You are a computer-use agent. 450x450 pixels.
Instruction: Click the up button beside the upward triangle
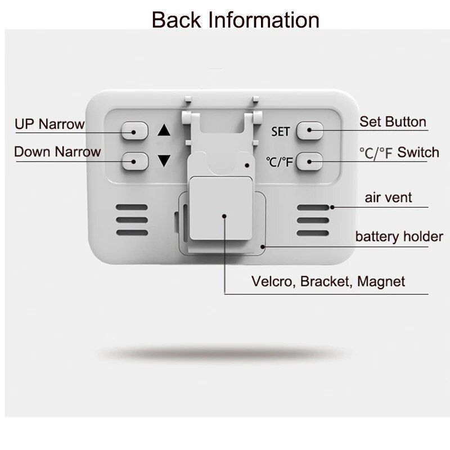tap(134, 131)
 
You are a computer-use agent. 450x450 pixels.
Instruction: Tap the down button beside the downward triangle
tap(135, 161)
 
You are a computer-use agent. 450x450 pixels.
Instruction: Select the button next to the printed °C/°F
tap(309, 161)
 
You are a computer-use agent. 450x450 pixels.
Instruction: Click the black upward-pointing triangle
tap(164, 130)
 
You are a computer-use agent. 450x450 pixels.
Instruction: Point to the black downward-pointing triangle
tap(164, 161)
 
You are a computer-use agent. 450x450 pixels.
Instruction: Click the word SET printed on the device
tap(280, 132)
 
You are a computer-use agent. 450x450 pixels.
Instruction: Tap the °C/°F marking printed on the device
tap(279, 162)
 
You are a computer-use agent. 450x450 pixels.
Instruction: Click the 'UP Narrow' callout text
tap(49, 124)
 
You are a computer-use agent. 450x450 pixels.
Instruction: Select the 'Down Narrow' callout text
tap(57, 151)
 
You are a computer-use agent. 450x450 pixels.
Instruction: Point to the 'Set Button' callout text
tap(393, 121)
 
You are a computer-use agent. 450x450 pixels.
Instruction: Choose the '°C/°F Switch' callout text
tap(399, 152)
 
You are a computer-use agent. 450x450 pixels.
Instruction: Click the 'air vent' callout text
tap(388, 197)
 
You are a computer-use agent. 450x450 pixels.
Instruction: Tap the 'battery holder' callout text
tap(399, 237)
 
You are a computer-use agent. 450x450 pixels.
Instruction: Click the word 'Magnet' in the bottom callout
tap(381, 281)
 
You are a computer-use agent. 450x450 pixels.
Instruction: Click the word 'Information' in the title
tap(263, 20)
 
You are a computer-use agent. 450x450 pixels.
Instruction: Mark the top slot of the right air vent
tap(313, 208)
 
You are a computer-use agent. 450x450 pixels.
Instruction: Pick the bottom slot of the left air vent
tap(132, 232)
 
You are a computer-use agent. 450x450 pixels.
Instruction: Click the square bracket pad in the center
tap(221, 208)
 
